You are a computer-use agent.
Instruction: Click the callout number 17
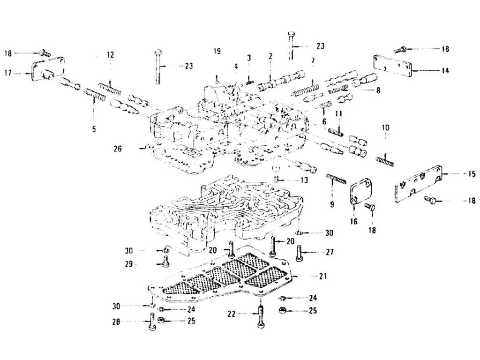[x=8, y=74]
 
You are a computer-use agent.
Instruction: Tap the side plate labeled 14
[x=392, y=66]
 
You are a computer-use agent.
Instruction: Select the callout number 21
[x=322, y=276]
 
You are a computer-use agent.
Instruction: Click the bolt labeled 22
[x=260, y=317]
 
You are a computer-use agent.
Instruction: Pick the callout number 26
[x=118, y=149]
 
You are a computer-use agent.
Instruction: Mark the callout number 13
[x=304, y=180]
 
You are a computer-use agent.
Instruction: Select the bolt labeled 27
[x=299, y=254]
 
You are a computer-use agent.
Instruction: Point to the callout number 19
[x=217, y=51]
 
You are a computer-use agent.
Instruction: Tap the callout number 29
[x=129, y=264]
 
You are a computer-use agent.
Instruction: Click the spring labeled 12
[x=110, y=88]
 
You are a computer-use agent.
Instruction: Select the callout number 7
[x=313, y=61]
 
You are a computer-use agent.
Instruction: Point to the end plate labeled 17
[x=48, y=70]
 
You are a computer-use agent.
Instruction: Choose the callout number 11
[x=338, y=114]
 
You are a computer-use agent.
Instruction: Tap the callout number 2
[x=270, y=56]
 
